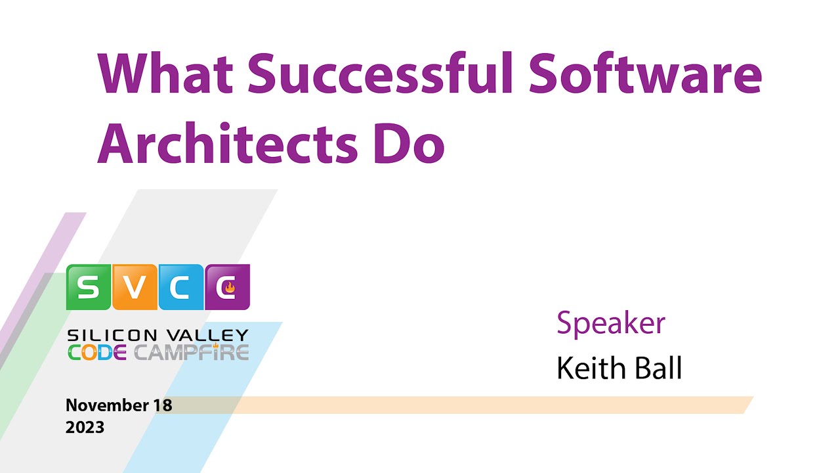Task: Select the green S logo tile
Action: click(x=89, y=287)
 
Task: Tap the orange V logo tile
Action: click(x=135, y=287)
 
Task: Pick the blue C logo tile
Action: click(x=181, y=287)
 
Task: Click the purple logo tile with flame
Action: click(x=227, y=287)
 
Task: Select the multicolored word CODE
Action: click(x=97, y=353)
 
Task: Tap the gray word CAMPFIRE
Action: click(x=192, y=353)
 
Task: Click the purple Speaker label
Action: click(x=611, y=323)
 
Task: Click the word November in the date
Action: click(x=106, y=405)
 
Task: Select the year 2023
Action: click(x=85, y=427)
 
